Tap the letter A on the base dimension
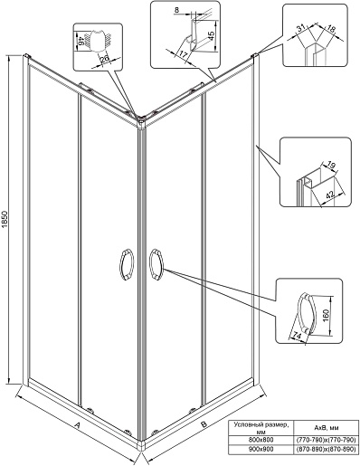pyautogui.click(x=77, y=425)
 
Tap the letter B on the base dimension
pyautogui.click(x=204, y=424)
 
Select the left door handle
pyautogui.click(x=127, y=266)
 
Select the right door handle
pyautogui.click(x=156, y=264)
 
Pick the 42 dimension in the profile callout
pyautogui.click(x=332, y=194)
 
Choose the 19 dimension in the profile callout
pyautogui.click(x=331, y=166)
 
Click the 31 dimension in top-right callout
pyautogui.click(x=300, y=28)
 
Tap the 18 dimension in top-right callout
pyautogui.click(x=331, y=29)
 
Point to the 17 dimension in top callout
pyautogui.click(x=184, y=54)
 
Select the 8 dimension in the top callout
pyautogui.click(x=176, y=10)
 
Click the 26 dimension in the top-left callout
pyautogui.click(x=105, y=59)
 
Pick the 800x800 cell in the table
pyautogui.click(x=261, y=440)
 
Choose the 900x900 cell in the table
pyautogui.click(x=261, y=449)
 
